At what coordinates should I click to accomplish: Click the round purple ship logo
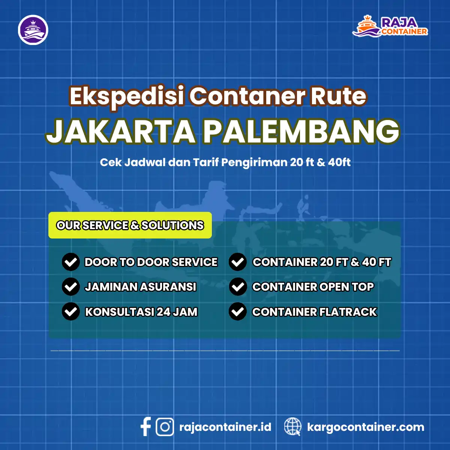pyautogui.click(x=33, y=30)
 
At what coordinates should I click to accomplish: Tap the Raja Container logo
pyautogui.click(x=390, y=26)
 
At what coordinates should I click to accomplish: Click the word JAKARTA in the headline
pyautogui.click(x=121, y=132)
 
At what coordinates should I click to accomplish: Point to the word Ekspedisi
pyautogui.click(x=126, y=96)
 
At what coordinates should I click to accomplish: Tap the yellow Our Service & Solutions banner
pyautogui.click(x=130, y=225)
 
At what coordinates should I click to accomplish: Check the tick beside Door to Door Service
pyautogui.click(x=70, y=262)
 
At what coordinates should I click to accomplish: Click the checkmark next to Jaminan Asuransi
pyautogui.click(x=70, y=287)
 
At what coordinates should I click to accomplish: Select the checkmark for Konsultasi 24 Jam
pyautogui.click(x=70, y=312)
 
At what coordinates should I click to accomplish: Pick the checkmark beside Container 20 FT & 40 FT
pyautogui.click(x=237, y=262)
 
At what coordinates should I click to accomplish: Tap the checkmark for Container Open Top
pyautogui.click(x=237, y=287)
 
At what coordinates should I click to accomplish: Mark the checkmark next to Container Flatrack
pyautogui.click(x=237, y=312)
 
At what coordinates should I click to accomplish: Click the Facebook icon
pyautogui.click(x=145, y=427)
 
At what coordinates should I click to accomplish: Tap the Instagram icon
pyautogui.click(x=165, y=427)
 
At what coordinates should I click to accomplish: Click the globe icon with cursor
pyautogui.click(x=292, y=427)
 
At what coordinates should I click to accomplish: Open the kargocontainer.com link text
pyautogui.click(x=366, y=427)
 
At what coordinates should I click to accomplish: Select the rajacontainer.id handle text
pyautogui.click(x=225, y=427)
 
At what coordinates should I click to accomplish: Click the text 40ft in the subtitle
pyautogui.click(x=339, y=162)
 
